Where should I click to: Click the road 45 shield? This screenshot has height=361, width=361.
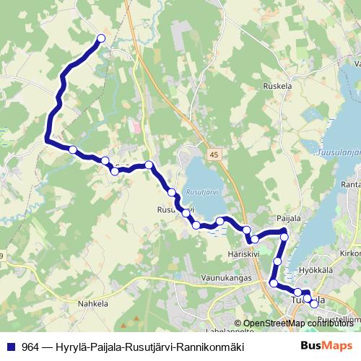[214, 155]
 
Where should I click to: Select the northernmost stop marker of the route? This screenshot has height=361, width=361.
[101, 38]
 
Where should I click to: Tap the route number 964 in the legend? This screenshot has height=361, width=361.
[30, 347]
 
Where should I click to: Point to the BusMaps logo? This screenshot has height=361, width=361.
[326, 346]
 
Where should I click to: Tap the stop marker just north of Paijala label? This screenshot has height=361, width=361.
[284, 236]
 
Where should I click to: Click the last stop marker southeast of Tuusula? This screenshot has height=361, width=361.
[314, 304]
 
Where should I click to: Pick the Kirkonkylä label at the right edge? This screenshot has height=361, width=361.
[349, 254]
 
